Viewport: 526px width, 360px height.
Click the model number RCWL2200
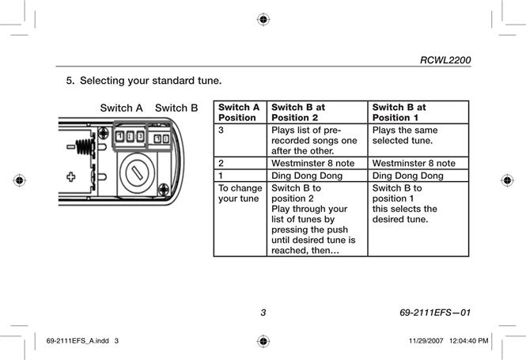445,60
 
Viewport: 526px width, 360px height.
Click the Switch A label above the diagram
122,108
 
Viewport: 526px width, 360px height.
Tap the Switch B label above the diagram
176,108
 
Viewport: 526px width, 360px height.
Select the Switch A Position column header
239,112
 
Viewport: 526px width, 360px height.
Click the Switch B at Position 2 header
298,112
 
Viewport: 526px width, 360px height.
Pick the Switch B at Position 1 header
399,112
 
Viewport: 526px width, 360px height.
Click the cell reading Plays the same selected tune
405,135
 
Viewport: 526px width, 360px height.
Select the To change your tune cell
240,193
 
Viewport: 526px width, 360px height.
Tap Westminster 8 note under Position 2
312,163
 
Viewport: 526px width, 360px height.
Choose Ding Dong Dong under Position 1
407,176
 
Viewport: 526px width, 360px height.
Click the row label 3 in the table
221,130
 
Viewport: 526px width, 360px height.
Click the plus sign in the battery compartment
70,176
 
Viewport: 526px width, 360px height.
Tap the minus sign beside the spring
70,146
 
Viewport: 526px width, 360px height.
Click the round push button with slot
137,172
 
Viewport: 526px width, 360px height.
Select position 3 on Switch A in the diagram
140,136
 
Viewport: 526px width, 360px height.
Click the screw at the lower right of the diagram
164,190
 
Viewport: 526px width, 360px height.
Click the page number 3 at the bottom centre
263,313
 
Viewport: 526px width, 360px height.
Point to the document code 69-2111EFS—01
435,313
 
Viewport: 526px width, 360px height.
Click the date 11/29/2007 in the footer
426,341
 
